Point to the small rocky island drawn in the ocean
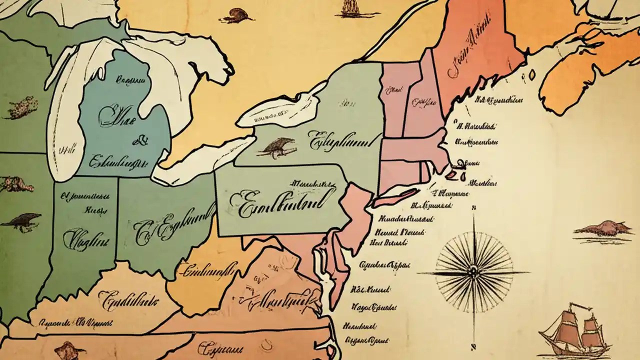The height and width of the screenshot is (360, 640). click(x=603, y=229)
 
